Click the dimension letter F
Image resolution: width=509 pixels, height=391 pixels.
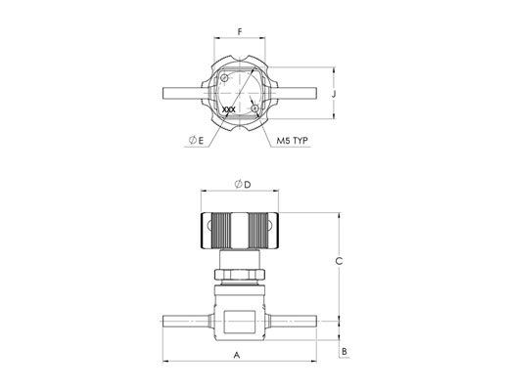point(240,32)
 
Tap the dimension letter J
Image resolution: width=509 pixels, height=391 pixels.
point(334,94)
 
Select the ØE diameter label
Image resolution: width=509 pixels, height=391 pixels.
point(197,140)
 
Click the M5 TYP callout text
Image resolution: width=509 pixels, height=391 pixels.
point(292,141)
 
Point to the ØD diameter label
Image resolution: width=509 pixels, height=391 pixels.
point(243,185)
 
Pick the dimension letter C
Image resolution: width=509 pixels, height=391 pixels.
point(340,261)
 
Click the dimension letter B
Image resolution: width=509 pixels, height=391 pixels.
point(345,352)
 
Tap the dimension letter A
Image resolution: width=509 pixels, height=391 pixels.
point(237,355)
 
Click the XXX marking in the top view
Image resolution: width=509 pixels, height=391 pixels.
point(228,109)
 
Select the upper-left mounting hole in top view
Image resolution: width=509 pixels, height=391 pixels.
point(224,78)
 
